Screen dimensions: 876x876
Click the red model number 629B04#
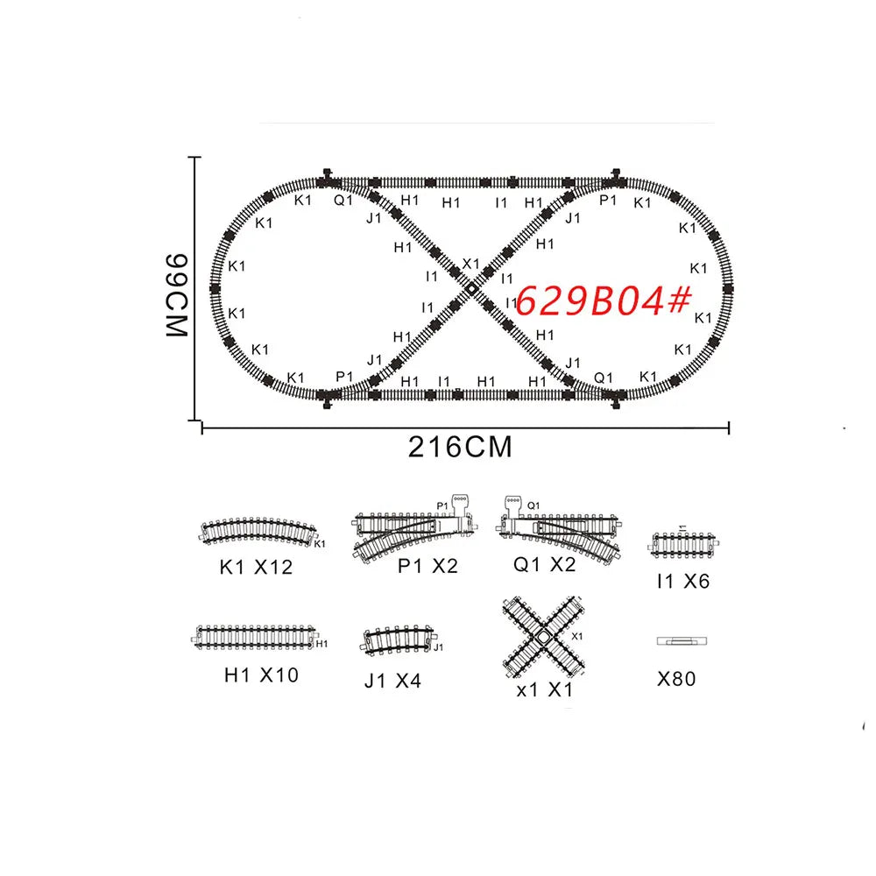point(604,302)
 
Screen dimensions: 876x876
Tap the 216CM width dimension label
point(460,447)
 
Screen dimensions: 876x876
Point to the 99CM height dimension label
point(176,296)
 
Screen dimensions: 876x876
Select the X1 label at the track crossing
point(470,264)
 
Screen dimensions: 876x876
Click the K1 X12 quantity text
point(256,568)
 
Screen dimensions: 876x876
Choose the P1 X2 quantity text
point(427,566)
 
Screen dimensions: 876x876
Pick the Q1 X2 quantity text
point(544,565)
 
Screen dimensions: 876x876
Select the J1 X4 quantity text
point(393,680)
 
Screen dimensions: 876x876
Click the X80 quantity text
point(675,678)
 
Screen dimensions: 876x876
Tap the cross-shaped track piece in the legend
point(543,638)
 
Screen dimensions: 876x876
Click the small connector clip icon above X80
point(681,641)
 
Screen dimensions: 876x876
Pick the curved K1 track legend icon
point(259,531)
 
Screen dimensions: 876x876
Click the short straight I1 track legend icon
point(682,543)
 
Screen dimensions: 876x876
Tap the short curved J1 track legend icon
point(399,639)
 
